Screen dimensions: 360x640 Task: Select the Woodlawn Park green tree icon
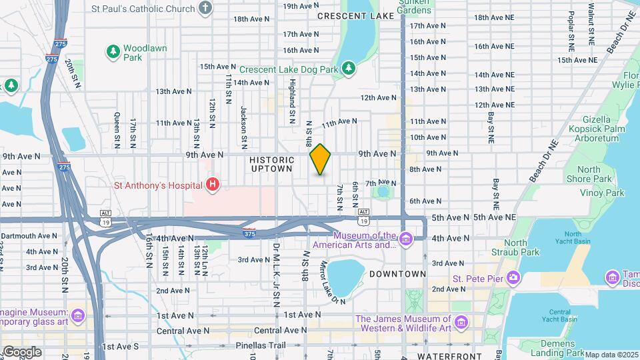tap(113, 51)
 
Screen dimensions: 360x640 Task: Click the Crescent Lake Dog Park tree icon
tap(348, 68)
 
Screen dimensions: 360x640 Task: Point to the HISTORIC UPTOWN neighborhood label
tap(272, 164)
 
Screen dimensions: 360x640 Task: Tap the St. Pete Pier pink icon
tap(513, 277)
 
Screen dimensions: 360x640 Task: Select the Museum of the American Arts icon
tap(405, 238)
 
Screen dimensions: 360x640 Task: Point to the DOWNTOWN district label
tap(397, 274)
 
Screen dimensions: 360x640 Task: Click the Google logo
tap(21, 351)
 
